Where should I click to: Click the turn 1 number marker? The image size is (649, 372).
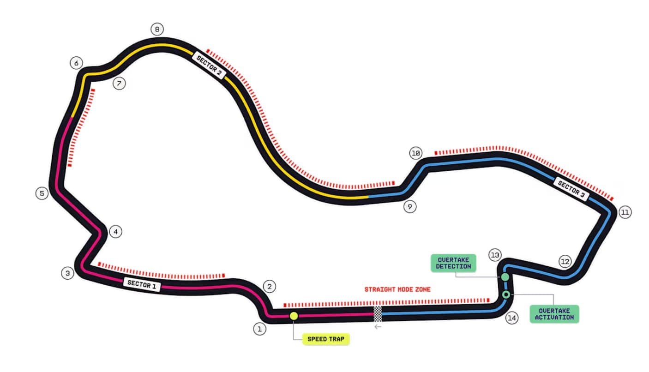[259, 329]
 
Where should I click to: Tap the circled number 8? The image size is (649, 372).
[157, 30]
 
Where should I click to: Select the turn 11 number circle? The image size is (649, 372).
[625, 212]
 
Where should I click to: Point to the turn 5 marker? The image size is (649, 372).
[42, 193]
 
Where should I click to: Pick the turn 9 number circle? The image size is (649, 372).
[409, 206]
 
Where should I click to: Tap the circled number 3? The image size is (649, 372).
[68, 273]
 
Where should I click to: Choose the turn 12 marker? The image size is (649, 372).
[565, 261]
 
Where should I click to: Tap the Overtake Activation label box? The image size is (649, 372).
[554, 314]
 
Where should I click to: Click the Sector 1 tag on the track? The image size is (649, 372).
[142, 284]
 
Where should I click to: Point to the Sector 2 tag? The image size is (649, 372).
[209, 65]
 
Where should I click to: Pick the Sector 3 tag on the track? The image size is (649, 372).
[571, 189]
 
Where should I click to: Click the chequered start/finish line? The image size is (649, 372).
[378, 313]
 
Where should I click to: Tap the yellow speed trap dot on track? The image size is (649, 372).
[294, 316]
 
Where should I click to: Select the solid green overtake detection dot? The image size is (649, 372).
[505, 277]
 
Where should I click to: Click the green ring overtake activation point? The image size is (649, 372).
[506, 294]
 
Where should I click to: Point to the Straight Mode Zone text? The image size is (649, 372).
[397, 289]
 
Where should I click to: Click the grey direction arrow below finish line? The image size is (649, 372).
[378, 327]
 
